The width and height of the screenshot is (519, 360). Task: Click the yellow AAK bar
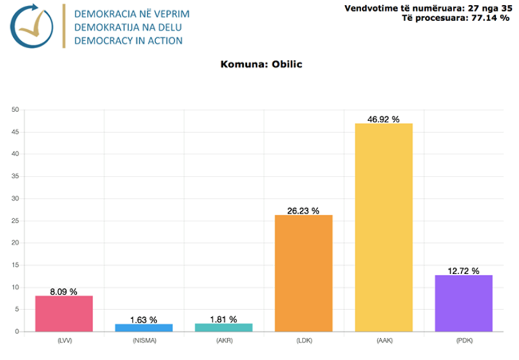(x=383, y=228)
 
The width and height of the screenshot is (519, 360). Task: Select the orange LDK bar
(x=303, y=273)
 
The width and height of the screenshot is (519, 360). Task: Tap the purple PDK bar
(x=463, y=303)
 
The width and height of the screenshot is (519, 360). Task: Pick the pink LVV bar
(x=64, y=313)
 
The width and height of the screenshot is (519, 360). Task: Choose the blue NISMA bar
(x=144, y=328)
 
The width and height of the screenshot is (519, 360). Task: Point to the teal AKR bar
(x=223, y=327)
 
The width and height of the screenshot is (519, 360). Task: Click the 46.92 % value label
(x=383, y=119)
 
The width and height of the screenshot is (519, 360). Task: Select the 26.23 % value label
(x=303, y=211)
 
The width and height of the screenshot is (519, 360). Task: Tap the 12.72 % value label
(x=463, y=271)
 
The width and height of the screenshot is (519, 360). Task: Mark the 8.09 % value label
(x=64, y=292)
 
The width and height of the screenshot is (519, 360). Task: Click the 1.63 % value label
(x=144, y=320)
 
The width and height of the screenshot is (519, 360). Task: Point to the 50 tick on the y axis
(x=15, y=110)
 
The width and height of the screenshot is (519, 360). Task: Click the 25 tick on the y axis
(x=15, y=221)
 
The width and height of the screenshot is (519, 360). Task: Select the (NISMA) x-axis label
(x=144, y=341)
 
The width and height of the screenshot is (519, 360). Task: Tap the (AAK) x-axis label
(x=383, y=341)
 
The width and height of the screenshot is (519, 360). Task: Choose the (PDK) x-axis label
(x=463, y=341)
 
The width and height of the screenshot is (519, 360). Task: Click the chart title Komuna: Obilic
(x=261, y=65)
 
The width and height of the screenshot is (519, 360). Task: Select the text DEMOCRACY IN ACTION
(x=128, y=41)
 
